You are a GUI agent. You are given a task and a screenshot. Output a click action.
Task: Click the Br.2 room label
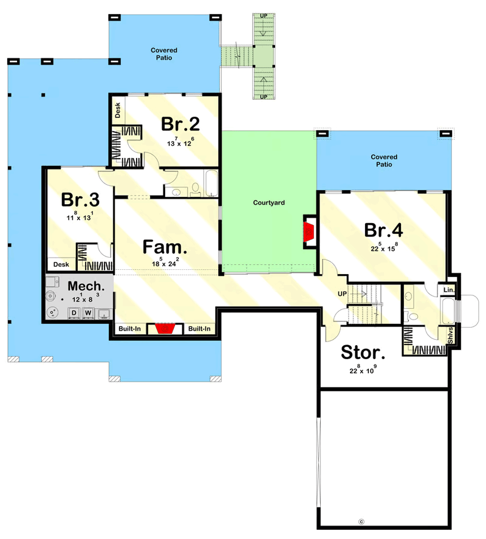(x=180, y=124)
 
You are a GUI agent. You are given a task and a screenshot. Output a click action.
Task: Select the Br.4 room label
(x=383, y=230)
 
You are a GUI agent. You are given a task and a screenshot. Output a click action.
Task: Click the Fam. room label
(x=164, y=247)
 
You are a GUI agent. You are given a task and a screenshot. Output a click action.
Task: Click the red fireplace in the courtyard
(x=309, y=232)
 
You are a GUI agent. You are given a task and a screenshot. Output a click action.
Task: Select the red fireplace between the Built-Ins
(x=164, y=329)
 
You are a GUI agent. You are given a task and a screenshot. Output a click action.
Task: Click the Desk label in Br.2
(x=118, y=111)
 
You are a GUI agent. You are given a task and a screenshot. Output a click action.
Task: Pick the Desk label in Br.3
(x=60, y=264)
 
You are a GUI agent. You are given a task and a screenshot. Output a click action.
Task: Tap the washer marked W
(x=88, y=313)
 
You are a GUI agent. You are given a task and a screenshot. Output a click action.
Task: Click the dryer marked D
(x=74, y=313)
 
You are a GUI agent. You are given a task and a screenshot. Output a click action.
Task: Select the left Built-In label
(x=130, y=329)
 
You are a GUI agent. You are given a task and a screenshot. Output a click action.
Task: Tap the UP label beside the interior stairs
(x=342, y=294)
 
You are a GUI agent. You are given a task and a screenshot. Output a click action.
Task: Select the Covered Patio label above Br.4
(x=383, y=161)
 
